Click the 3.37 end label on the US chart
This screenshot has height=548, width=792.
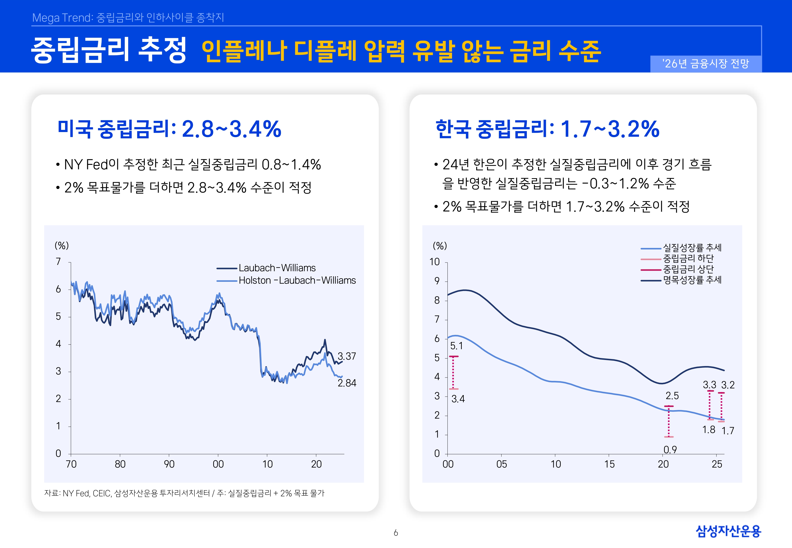click(347, 356)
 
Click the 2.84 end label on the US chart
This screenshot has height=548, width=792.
click(347, 383)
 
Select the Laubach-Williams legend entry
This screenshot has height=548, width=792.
click(277, 268)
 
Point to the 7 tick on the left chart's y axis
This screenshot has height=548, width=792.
click(58, 262)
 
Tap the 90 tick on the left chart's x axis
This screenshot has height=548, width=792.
click(169, 464)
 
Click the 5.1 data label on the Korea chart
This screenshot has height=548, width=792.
click(456, 346)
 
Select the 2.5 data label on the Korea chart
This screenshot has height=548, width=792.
click(672, 396)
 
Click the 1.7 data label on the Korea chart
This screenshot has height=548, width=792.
click(727, 431)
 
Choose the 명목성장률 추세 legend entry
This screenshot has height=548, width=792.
click(692, 280)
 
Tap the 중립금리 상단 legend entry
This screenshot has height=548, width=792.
click(688, 269)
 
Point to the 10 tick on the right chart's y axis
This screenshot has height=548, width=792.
click(435, 262)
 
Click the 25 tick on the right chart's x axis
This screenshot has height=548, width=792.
click(717, 464)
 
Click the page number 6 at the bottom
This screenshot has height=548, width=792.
click(396, 533)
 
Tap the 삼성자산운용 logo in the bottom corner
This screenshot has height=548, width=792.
click(728, 531)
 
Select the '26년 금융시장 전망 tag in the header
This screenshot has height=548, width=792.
click(705, 64)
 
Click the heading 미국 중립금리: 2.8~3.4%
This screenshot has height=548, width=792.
click(169, 129)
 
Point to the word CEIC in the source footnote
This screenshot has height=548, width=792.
click(102, 493)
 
